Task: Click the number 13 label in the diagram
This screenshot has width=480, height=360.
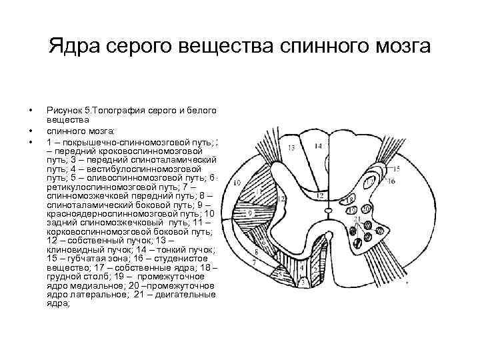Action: [x=291, y=147]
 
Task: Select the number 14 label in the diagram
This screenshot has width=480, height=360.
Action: [x=317, y=146]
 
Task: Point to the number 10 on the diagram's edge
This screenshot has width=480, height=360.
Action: [x=236, y=182]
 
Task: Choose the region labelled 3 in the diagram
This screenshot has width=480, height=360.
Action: [x=304, y=283]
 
